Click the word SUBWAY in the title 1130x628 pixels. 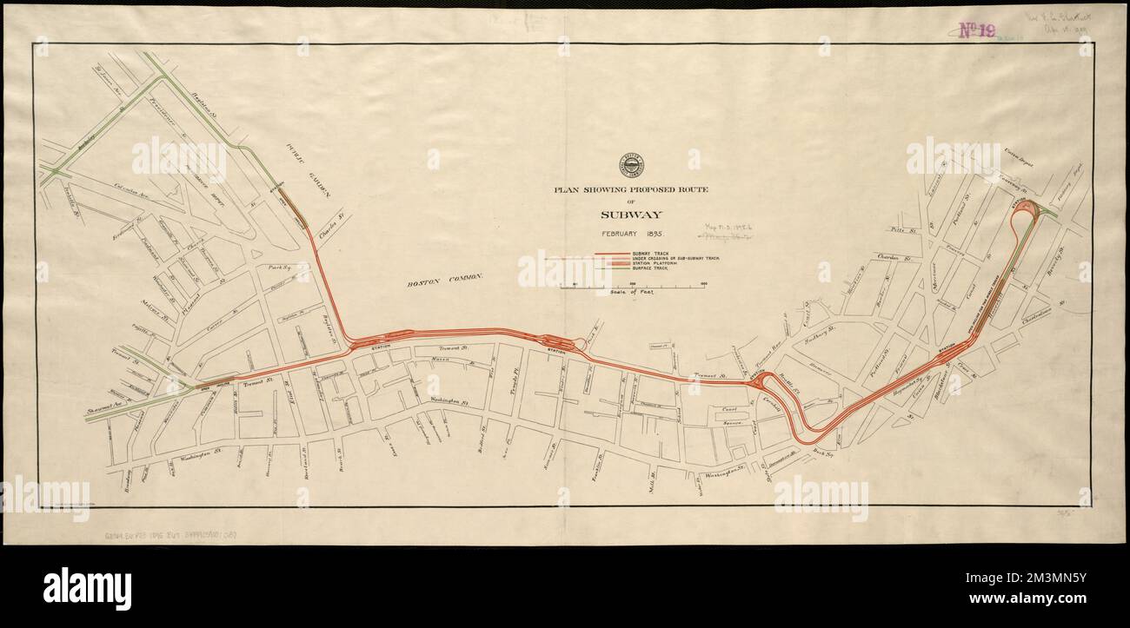coord(631,214)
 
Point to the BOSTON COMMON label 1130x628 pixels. coord(443,280)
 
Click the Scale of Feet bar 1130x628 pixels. coord(631,286)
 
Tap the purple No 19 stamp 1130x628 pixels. coord(977,30)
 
